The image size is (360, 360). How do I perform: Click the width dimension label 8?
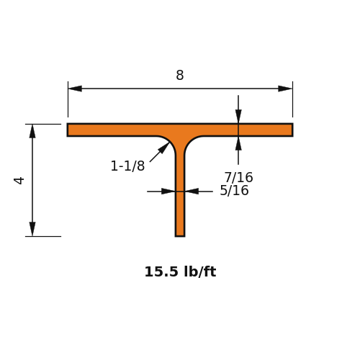(180, 75)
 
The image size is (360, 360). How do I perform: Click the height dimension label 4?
(19, 181)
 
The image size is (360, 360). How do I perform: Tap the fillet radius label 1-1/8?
(127, 166)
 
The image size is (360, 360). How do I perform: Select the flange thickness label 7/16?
(238, 177)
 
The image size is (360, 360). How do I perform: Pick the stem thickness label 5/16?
(234, 191)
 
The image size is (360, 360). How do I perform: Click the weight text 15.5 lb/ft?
(180, 272)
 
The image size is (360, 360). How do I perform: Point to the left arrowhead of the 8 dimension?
(75, 89)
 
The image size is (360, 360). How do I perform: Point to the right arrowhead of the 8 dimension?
(285, 89)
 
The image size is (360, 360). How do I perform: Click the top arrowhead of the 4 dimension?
(32, 131)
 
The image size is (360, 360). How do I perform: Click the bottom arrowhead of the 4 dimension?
(32, 229)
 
